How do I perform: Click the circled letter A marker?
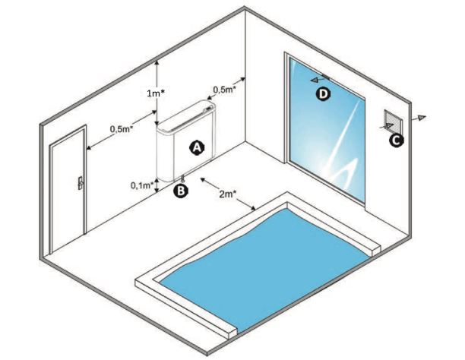point(196,147)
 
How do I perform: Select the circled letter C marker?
point(396,139)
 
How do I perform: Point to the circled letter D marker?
point(324,93)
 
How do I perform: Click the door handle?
point(77,182)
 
